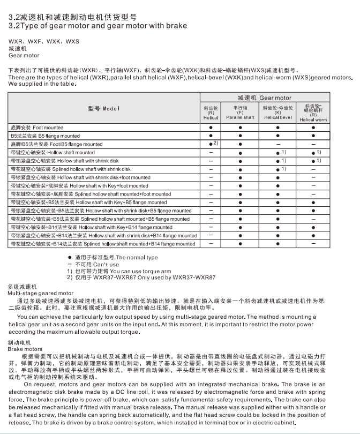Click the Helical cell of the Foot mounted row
tap(211, 128)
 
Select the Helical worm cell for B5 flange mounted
tap(313, 136)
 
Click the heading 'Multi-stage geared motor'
tap(41, 294)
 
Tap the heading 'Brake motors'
tap(25, 349)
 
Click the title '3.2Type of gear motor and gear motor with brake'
tap(98, 26)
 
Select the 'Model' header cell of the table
tap(104, 109)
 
